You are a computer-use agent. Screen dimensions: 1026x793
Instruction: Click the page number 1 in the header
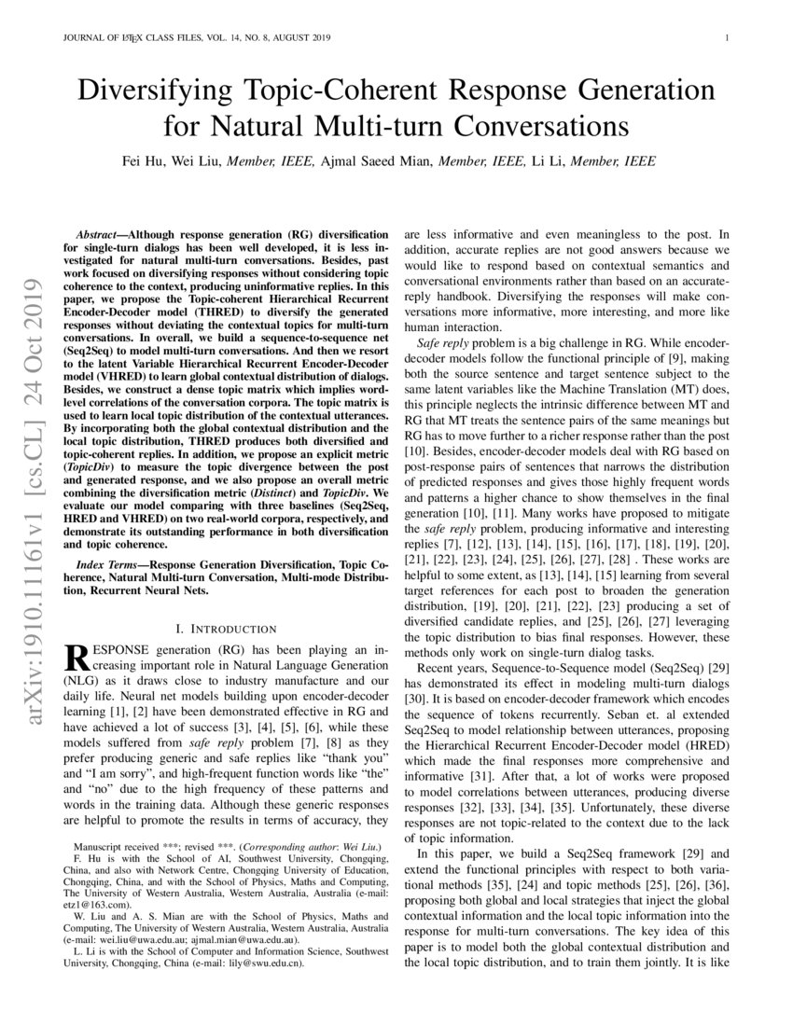[725, 38]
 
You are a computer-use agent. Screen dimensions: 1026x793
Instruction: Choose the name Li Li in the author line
[569, 160]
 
